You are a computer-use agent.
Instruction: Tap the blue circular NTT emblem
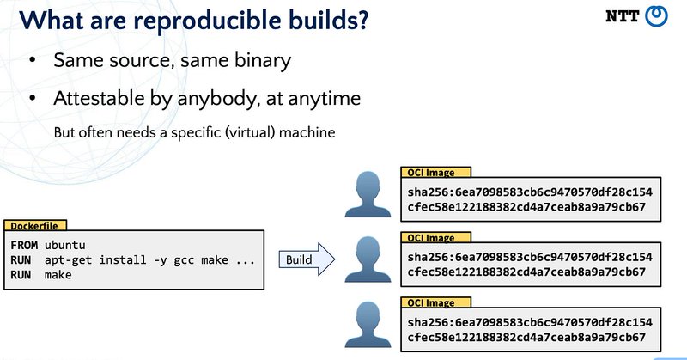657,16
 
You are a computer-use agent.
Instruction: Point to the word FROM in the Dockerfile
24,245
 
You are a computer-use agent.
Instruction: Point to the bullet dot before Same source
32,62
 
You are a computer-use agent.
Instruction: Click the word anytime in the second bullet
317,99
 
